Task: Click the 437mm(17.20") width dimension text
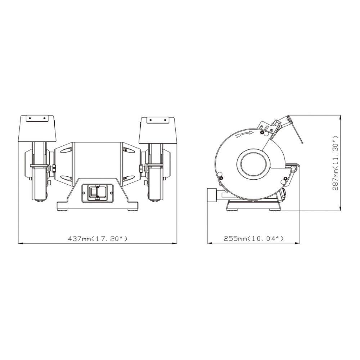pos(98,239)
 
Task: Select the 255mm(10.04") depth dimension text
pos(254,238)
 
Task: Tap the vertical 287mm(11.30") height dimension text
pos(336,163)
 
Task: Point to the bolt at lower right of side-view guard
pos(285,179)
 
